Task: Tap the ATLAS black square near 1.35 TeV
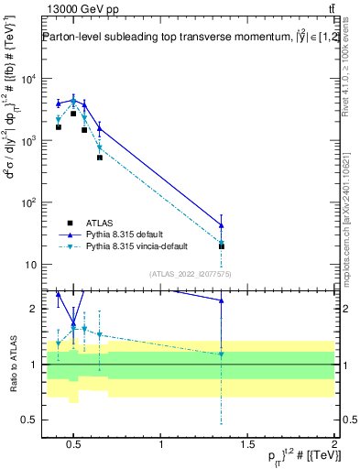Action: click(x=221, y=246)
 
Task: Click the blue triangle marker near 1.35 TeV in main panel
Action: click(x=221, y=225)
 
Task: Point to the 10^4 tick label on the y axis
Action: click(x=27, y=79)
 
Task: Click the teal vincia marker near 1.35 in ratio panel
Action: click(x=221, y=354)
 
